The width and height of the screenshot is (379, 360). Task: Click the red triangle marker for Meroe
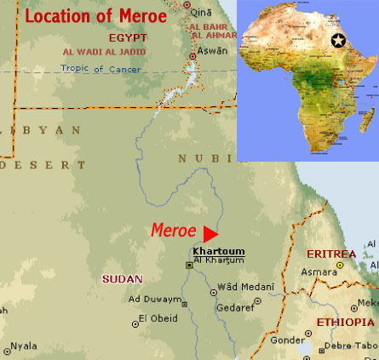click(211, 232)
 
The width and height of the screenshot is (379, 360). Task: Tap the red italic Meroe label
click(174, 231)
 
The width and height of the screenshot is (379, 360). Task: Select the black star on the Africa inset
click(338, 41)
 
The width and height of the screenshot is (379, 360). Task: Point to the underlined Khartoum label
click(219, 251)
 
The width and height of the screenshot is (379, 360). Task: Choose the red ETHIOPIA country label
click(345, 323)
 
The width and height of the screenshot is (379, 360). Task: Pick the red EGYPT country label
click(129, 38)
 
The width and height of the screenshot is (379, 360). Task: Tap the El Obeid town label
click(156, 319)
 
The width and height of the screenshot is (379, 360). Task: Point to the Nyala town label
click(25, 346)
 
